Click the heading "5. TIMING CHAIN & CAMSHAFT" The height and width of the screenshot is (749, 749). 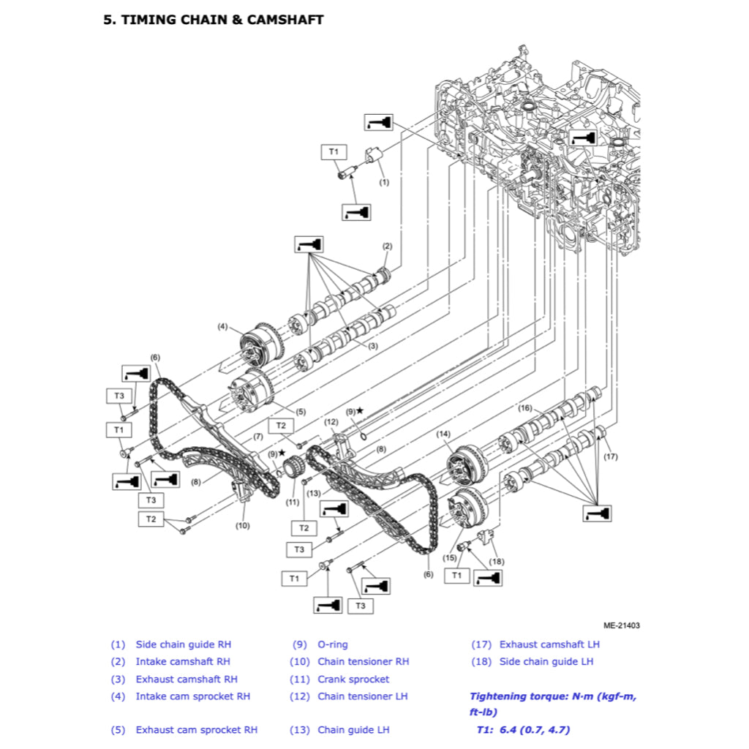coord(213,20)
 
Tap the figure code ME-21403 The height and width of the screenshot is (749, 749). coord(622,625)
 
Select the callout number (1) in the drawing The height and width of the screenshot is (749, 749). coord(384,181)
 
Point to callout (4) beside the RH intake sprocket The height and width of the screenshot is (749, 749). coord(222,326)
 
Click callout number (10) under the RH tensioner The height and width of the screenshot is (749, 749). coord(242,525)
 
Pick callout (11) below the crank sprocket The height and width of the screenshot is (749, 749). coord(293,503)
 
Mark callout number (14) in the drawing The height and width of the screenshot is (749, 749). coord(443,434)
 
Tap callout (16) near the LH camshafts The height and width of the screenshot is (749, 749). coord(525,407)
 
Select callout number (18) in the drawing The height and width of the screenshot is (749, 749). coord(497,561)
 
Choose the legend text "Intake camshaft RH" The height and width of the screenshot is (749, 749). coord(183,662)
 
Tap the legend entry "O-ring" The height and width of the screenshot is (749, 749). coord(333,644)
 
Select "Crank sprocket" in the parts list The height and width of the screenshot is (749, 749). coord(353,680)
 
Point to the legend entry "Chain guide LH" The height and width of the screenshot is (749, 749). coord(353,730)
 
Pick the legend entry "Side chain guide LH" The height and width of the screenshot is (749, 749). coord(546,662)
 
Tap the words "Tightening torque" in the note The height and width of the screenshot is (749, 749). coord(516,697)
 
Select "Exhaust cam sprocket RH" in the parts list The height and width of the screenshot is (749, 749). coord(196,730)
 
